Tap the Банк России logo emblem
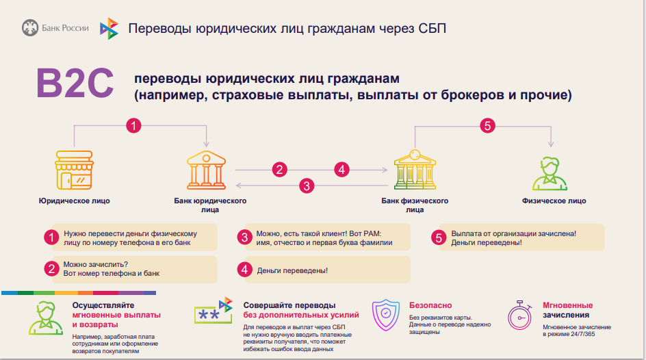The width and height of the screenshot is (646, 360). point(29,28)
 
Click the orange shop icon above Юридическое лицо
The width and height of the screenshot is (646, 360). point(74,171)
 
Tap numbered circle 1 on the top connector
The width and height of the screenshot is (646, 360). point(134,125)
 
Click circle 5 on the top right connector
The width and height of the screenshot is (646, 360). point(487,125)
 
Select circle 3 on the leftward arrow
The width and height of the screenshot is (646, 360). point(307,185)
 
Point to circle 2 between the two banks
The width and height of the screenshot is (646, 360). point(279,169)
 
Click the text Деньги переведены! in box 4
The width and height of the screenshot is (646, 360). point(292,270)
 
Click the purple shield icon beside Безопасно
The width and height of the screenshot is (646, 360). point(385,316)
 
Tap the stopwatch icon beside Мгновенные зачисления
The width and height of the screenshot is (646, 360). point(520,316)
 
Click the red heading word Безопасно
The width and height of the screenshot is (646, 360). point(430,305)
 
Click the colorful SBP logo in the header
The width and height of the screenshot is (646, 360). point(109,29)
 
